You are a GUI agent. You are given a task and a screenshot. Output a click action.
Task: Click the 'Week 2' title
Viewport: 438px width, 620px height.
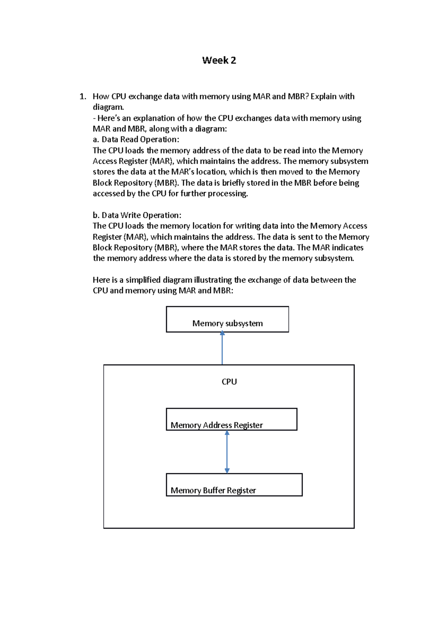(x=219, y=60)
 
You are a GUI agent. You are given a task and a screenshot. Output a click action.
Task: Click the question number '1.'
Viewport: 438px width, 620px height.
(x=83, y=96)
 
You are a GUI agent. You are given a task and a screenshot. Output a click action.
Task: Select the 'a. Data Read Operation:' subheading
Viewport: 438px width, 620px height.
(x=136, y=139)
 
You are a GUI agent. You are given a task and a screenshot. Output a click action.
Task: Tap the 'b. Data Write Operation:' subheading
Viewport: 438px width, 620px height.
(x=137, y=215)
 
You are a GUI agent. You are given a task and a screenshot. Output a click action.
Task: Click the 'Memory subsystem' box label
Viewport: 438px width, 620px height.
(x=227, y=323)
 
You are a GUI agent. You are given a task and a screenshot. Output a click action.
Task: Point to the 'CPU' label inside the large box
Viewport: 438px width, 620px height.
(x=229, y=382)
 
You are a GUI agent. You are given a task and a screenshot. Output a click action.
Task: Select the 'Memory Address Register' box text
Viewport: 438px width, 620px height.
(x=216, y=425)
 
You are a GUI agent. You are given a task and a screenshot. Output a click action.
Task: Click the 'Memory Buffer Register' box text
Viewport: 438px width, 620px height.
(x=213, y=490)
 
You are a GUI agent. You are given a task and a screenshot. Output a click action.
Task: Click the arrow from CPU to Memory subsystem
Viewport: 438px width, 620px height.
(x=222, y=349)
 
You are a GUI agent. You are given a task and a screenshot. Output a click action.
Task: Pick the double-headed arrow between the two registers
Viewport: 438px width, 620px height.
(x=227, y=452)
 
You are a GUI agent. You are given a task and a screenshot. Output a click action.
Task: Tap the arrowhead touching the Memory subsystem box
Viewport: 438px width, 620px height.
(x=222, y=333)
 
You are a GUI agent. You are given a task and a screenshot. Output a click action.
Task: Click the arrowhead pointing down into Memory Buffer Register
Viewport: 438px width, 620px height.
(x=227, y=471)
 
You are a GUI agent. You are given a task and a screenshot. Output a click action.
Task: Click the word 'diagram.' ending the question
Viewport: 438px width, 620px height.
(x=108, y=107)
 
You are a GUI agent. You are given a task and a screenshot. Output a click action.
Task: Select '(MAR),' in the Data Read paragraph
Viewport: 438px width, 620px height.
(x=162, y=161)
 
